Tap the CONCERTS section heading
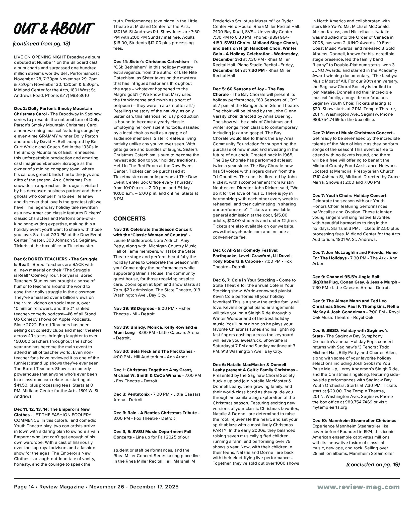click(x=129, y=219)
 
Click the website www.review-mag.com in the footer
click(x=359, y=494)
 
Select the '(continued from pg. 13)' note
click(x=41, y=44)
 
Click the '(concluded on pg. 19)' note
click(x=373, y=464)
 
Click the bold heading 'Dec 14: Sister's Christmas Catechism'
click(x=151, y=61)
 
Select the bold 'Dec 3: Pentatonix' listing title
click(x=131, y=394)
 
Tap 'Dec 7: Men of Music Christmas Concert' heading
click(x=352, y=133)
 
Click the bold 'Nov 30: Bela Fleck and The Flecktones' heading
click(x=153, y=351)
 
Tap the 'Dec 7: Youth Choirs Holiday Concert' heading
click(x=349, y=195)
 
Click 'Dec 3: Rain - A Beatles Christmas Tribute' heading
click(x=155, y=413)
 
